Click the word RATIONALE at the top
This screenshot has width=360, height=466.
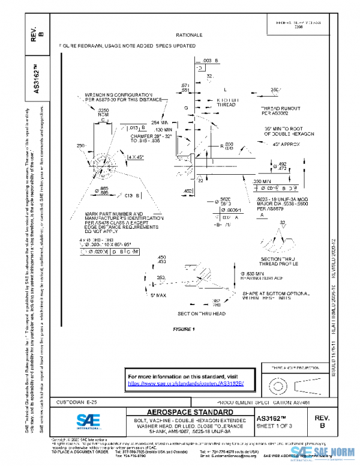click(189, 35)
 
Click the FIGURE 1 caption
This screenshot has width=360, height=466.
click(184, 330)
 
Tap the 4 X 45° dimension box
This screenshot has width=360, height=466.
click(136, 157)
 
